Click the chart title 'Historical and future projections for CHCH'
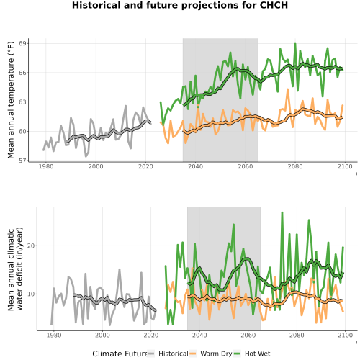pos(180,5)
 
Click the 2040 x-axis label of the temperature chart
pos(195,166)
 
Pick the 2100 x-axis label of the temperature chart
pos(345,166)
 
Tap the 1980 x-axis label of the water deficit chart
pos(54,335)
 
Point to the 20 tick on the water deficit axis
pos(30,246)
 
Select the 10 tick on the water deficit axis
pos(30,294)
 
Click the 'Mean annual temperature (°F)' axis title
pos(11,100)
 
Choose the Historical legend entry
pos(168,354)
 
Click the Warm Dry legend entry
pos(211,354)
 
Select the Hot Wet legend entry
pos(252,354)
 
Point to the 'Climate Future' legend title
pos(120,354)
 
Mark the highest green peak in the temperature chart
pos(295,44)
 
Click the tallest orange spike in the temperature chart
pos(287,89)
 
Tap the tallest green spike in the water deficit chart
pos(282,212)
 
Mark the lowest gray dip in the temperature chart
pos(86,156)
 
